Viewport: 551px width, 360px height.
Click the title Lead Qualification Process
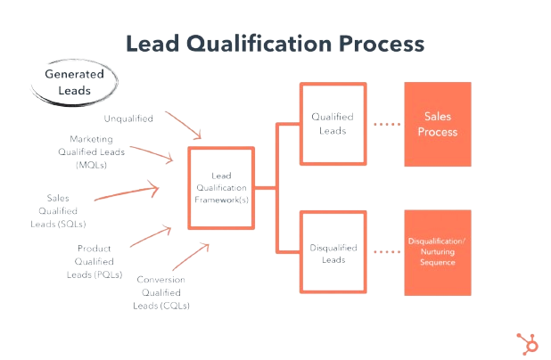(x=275, y=44)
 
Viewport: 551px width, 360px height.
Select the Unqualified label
(x=128, y=119)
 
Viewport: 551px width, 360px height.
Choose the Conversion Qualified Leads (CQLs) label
(x=162, y=291)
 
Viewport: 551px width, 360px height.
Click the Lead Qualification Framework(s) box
(x=220, y=189)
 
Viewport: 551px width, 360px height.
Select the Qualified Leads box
(x=333, y=124)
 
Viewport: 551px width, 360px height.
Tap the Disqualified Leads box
(x=333, y=253)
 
